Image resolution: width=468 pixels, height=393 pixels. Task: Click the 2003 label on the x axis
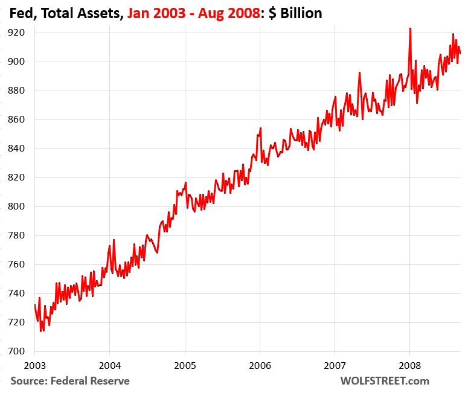[x=34, y=365]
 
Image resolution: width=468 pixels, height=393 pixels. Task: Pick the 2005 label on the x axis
[x=185, y=365]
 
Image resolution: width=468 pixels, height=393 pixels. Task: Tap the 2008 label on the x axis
[x=410, y=365]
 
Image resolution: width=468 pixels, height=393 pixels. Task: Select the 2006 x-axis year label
[x=260, y=365]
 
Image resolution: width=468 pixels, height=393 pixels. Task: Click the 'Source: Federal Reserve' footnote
[x=69, y=380]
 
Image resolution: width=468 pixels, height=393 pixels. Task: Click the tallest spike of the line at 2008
[x=410, y=28]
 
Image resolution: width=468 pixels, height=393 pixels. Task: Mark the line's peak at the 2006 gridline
[x=260, y=128]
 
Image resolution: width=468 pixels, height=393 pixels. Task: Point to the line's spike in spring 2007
[x=359, y=73]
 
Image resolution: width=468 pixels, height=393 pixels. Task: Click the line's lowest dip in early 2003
[x=41, y=331]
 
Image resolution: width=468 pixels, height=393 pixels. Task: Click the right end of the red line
[x=460, y=54]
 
